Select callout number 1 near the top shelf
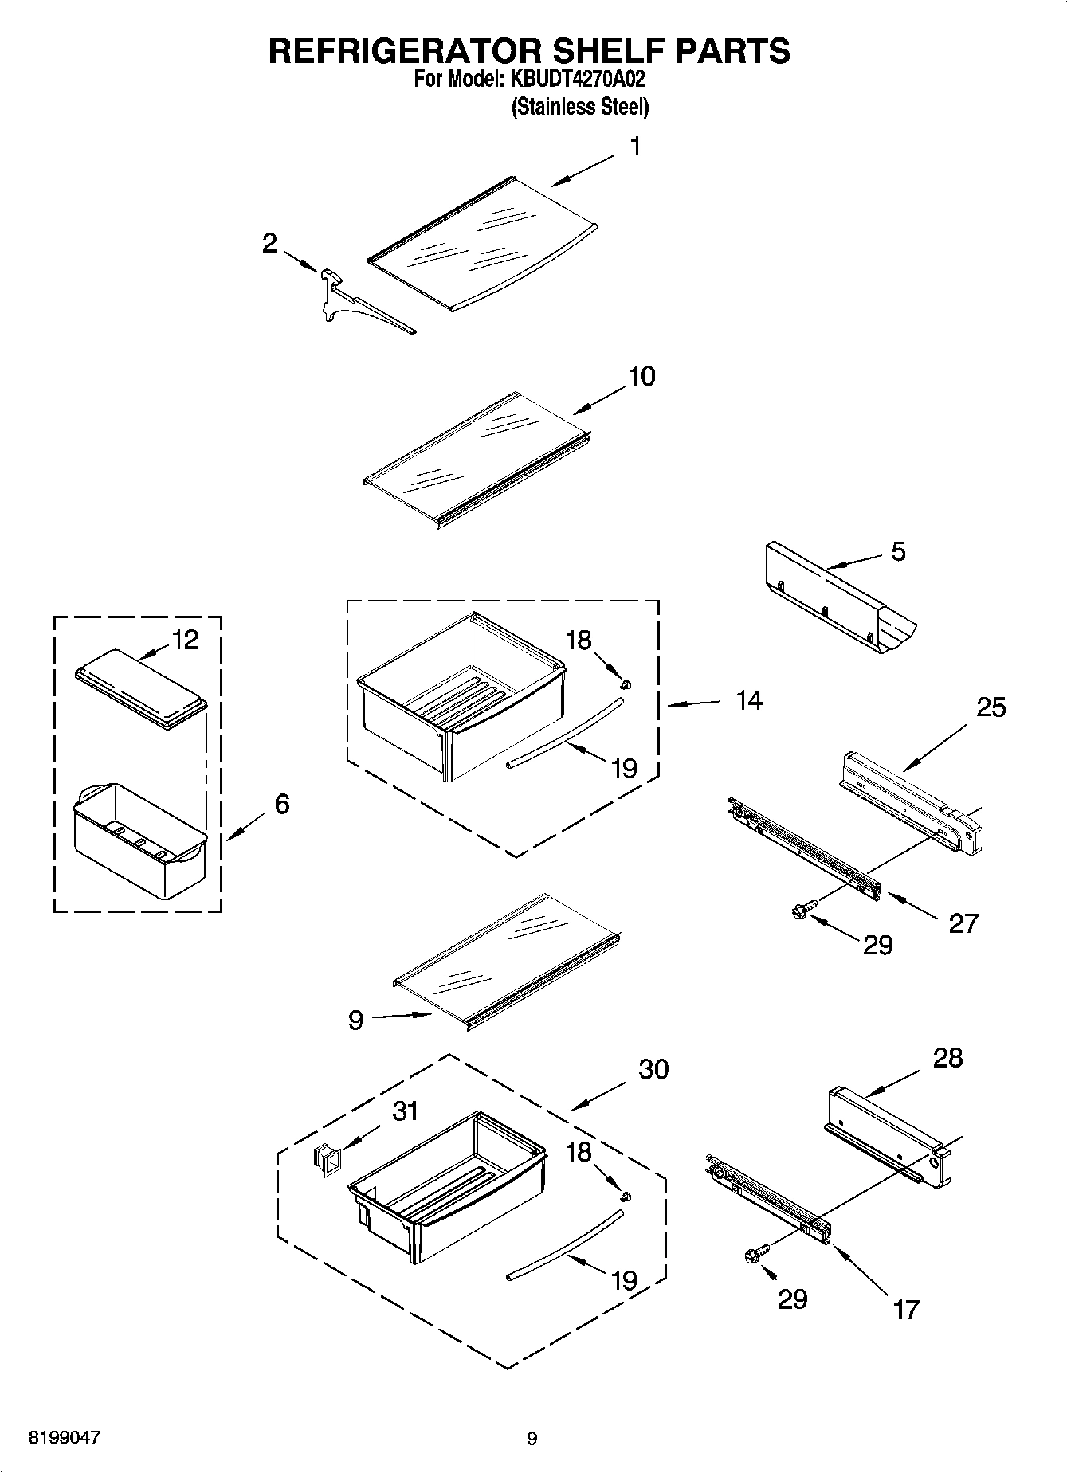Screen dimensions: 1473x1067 pos(635,147)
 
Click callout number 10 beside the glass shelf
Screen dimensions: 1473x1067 pos(641,376)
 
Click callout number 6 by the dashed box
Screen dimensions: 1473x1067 pos(282,804)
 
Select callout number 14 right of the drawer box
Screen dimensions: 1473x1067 pos(748,701)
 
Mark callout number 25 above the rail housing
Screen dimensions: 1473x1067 pos(991,707)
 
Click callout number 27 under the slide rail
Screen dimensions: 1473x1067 pos(963,923)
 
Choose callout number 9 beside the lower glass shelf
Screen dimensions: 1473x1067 pos(356,1020)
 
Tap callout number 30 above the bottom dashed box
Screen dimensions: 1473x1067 pos(653,1069)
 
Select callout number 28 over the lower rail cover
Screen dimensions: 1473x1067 pos(947,1058)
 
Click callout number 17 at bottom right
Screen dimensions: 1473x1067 pos(906,1309)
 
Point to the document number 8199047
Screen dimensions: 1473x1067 pos(65,1438)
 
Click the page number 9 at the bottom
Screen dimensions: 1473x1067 pos(532,1439)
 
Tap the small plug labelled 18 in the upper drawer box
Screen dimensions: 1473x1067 pos(626,683)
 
